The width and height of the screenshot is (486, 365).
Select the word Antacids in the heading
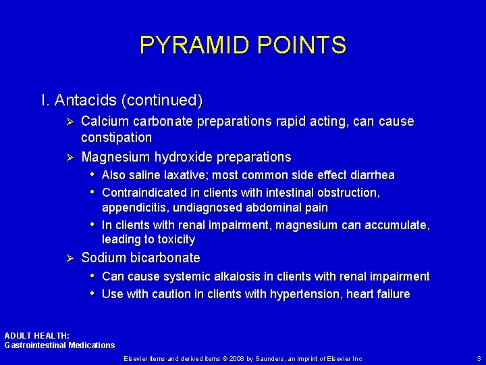85,101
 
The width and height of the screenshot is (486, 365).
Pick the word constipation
116,138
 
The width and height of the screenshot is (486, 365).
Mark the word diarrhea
371,176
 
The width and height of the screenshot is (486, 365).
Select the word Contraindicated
144,193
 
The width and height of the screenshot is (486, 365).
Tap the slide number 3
479,358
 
